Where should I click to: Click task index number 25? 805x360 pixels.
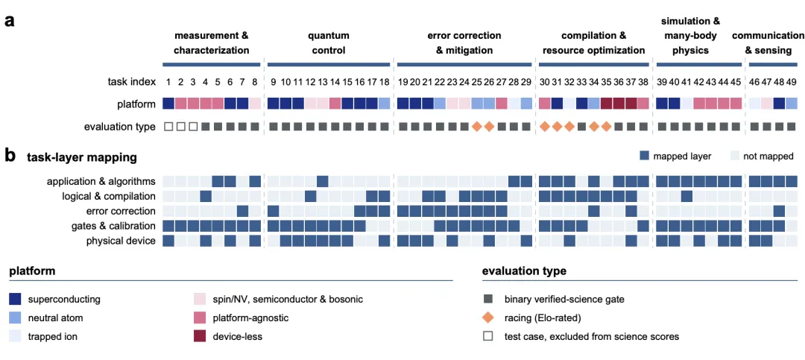click(476, 82)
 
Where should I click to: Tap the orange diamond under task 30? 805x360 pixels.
click(544, 126)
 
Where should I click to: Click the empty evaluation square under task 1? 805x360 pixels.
click(168, 126)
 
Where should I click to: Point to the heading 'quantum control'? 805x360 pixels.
click(328, 43)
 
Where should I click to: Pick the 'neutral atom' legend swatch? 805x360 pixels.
click(15, 318)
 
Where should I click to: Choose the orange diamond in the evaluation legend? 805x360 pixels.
click(488, 318)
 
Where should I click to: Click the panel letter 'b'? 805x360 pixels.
click(10, 156)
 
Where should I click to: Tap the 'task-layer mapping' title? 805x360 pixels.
click(82, 158)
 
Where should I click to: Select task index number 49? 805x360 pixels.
click(791, 82)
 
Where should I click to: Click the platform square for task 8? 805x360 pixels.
click(255, 103)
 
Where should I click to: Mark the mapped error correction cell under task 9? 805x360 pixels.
click(274, 210)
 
